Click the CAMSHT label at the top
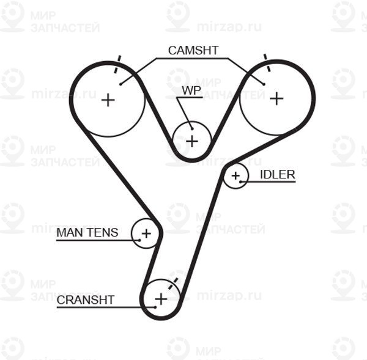click(193, 50)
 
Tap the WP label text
click(191, 90)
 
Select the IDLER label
click(278, 175)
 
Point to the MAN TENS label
click(87, 232)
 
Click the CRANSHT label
click(86, 300)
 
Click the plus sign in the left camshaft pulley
click(108, 100)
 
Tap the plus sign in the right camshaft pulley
click(276, 98)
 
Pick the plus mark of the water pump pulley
click(192, 141)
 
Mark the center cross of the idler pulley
click(235, 175)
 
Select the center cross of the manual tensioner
click(146, 233)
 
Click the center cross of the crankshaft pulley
click(161, 299)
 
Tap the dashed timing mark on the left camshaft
click(117, 64)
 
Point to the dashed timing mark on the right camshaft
click(267, 63)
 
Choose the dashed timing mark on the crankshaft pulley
click(174, 284)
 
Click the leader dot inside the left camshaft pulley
click(120, 84)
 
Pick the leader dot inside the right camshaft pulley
click(264, 84)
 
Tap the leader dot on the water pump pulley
click(192, 128)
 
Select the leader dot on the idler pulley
click(240, 182)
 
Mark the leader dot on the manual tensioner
click(139, 240)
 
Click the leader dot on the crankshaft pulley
click(155, 307)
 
